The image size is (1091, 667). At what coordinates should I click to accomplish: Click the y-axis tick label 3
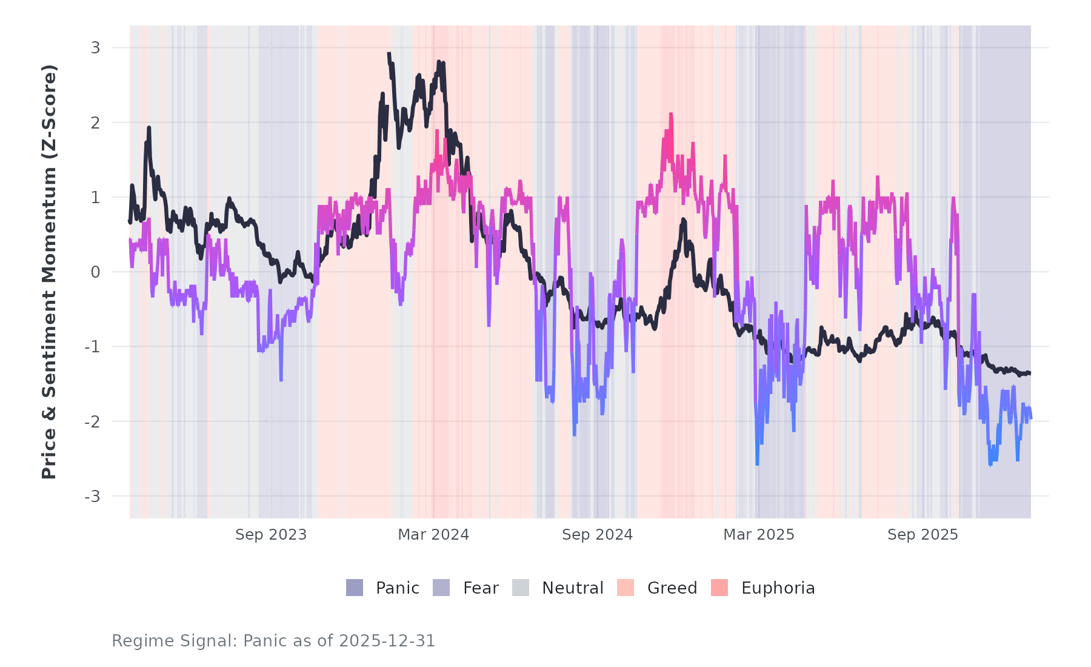point(95,48)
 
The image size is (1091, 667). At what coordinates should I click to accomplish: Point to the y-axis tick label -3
point(92,497)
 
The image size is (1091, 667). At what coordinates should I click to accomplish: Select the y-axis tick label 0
point(95,272)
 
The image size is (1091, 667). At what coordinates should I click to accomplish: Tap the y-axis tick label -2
point(92,422)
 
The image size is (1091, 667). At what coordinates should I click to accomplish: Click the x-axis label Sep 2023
point(271,535)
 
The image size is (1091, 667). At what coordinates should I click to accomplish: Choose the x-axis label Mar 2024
point(433,535)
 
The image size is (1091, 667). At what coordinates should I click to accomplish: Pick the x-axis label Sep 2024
point(597,535)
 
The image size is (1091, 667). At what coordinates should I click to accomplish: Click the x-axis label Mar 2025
point(759,535)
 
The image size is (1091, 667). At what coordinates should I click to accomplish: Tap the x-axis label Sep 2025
point(923,535)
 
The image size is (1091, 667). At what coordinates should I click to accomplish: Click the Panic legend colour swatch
point(355,588)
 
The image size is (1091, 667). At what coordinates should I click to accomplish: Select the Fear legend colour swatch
point(441,588)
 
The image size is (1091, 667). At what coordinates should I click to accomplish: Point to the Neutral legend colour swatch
point(521,588)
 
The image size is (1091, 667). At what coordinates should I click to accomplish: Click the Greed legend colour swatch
point(626,588)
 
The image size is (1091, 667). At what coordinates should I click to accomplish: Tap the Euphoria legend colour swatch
point(719,588)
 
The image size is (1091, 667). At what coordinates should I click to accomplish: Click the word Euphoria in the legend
point(778,588)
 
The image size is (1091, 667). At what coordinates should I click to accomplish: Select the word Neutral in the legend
point(572,588)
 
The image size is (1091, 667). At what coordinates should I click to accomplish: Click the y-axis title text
point(49,272)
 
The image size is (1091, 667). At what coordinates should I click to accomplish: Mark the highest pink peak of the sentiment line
point(671,114)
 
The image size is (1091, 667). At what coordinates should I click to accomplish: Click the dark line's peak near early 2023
point(148,128)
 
